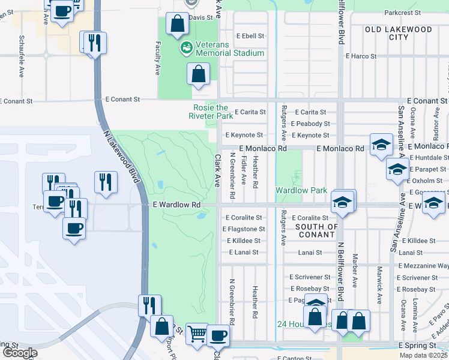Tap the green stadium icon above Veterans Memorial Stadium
185,46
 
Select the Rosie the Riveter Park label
211,112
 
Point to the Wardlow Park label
301,190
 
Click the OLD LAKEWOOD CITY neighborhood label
399,33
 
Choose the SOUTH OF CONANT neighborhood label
316,230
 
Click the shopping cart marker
197,333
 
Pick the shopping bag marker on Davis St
178,24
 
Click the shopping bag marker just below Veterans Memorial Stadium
199,74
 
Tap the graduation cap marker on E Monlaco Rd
381,145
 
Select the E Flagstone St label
244,229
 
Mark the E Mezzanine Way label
423,265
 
